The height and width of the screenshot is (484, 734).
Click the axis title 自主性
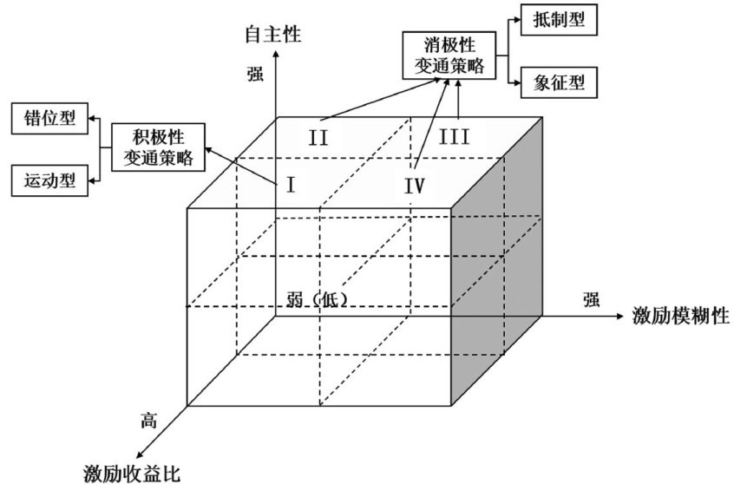[273, 34]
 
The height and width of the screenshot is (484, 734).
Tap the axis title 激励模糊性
[680, 315]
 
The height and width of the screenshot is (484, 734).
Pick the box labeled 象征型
[559, 82]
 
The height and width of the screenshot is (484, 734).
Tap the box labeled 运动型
[50, 180]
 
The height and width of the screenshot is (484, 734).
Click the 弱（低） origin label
[317, 300]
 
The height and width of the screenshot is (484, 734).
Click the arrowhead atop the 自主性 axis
[276, 55]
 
